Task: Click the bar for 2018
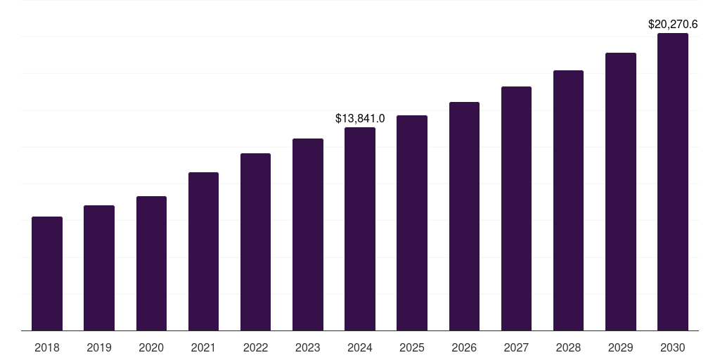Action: point(47,274)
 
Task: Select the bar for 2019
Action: point(99,268)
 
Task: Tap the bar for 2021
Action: point(203,251)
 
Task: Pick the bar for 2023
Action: point(308,234)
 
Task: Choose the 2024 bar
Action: point(360,229)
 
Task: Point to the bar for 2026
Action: point(464,216)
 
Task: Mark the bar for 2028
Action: point(568,200)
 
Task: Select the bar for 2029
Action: point(621,191)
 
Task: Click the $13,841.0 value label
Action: point(360,118)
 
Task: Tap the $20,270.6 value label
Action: point(673,24)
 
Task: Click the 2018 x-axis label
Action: point(47,348)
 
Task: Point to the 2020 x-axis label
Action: point(151,348)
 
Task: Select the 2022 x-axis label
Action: point(255,348)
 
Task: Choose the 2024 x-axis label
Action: point(360,348)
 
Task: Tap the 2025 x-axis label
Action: point(412,348)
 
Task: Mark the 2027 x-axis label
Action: point(516,348)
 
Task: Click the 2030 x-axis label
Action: point(673,348)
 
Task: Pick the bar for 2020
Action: point(151,263)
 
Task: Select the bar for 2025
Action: point(412,223)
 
